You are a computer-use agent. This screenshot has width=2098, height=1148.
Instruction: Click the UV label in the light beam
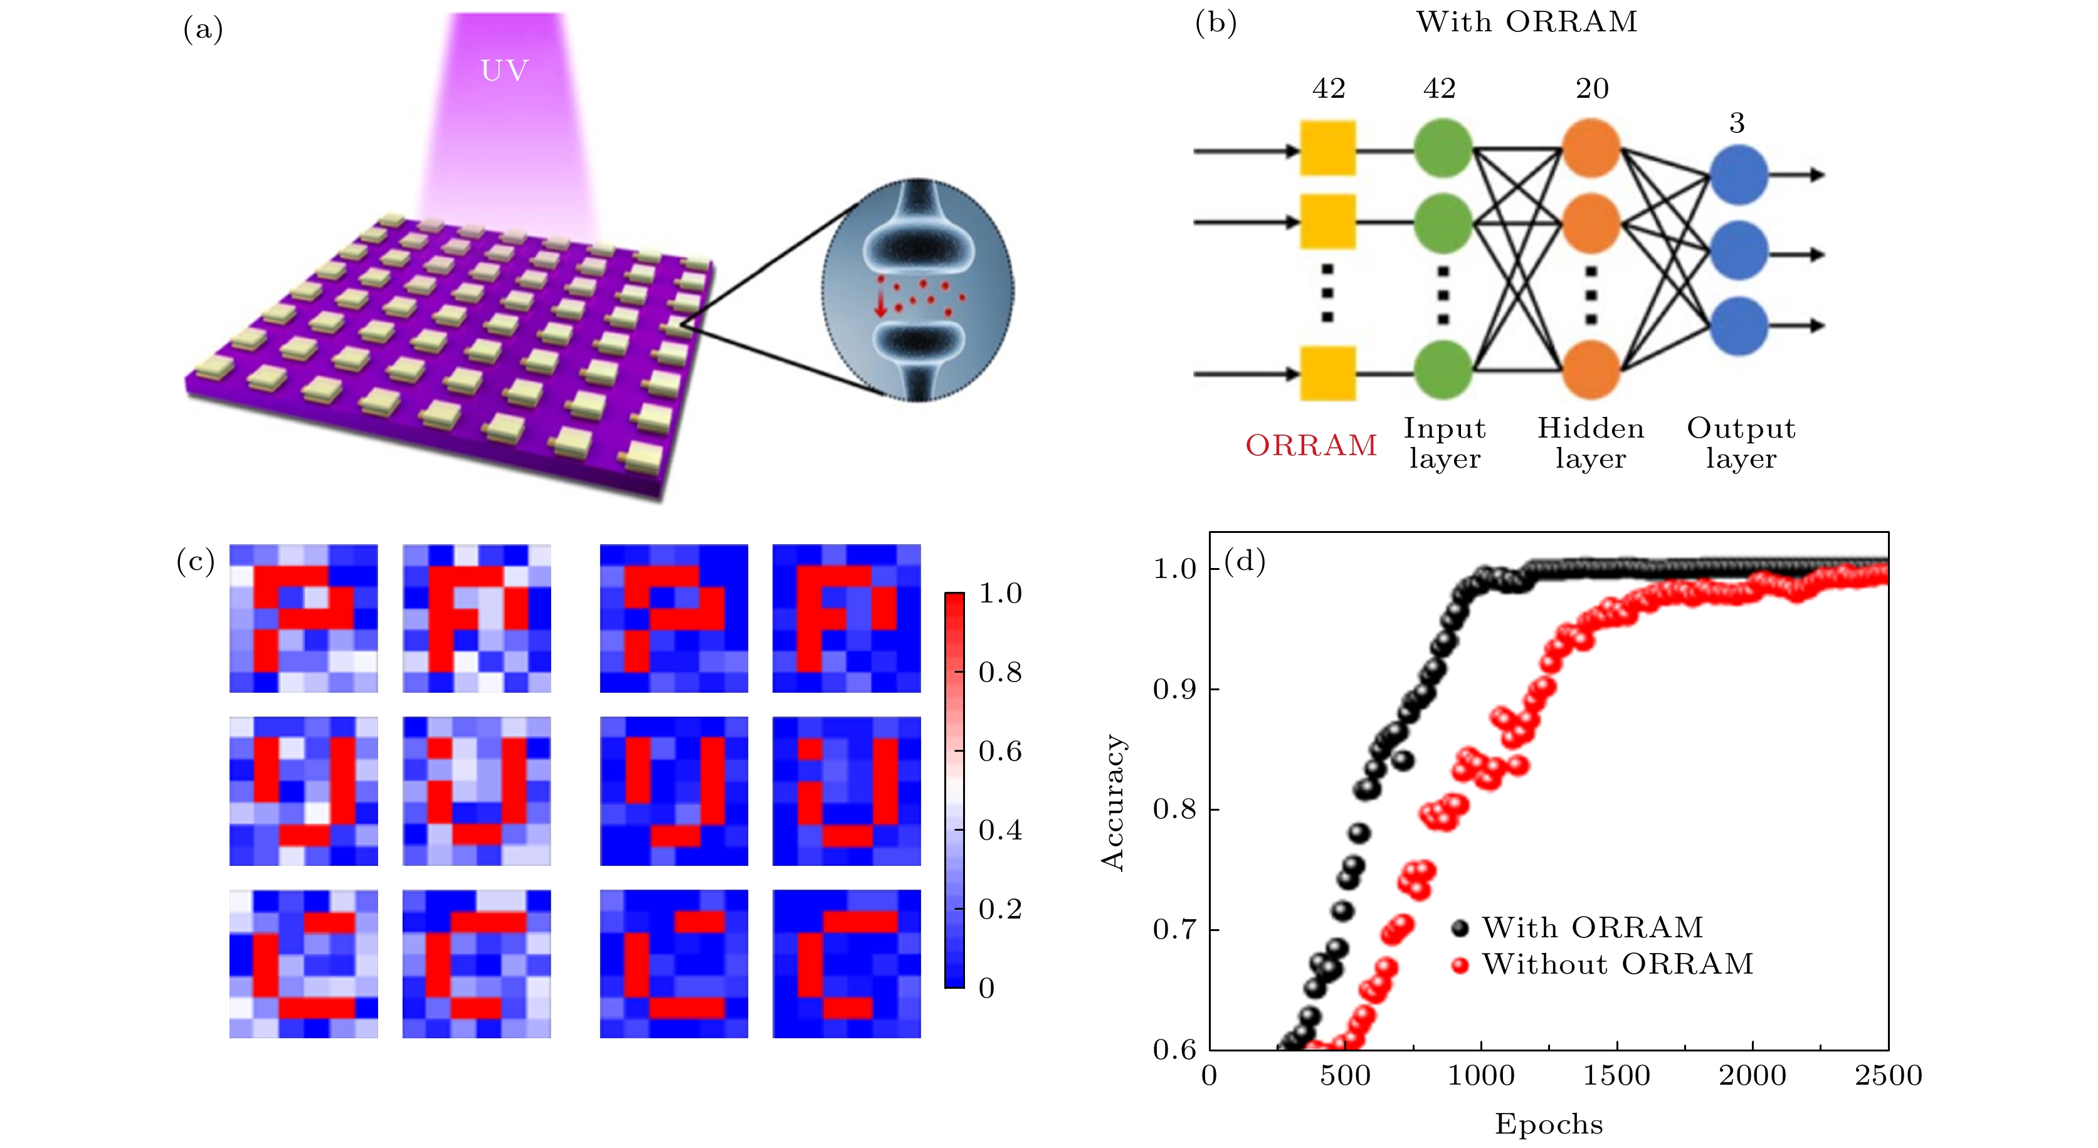point(504,71)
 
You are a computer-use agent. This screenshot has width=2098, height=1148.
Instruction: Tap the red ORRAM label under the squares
point(1310,445)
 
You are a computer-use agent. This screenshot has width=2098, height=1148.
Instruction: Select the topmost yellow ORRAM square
point(1327,148)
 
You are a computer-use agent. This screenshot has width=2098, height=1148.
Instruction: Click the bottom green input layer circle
point(1442,371)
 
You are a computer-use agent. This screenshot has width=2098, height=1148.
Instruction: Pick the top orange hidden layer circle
point(1591,147)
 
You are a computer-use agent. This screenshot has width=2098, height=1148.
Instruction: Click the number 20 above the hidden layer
point(1591,88)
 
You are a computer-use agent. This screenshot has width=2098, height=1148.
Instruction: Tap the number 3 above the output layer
point(1736,123)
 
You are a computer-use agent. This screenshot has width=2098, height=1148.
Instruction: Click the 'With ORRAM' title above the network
point(1526,22)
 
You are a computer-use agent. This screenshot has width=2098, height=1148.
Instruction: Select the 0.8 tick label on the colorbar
point(999,673)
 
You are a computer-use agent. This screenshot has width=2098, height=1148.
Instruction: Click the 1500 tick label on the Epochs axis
point(1616,1075)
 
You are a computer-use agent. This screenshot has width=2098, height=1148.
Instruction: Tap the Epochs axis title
point(1548,1124)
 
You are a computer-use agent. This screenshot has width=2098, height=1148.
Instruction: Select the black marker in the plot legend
point(1460,928)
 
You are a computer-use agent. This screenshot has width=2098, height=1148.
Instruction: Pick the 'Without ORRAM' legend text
point(1616,964)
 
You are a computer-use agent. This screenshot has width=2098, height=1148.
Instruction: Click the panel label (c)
point(196,561)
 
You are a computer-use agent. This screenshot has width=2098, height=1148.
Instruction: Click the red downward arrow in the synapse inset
point(880,303)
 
